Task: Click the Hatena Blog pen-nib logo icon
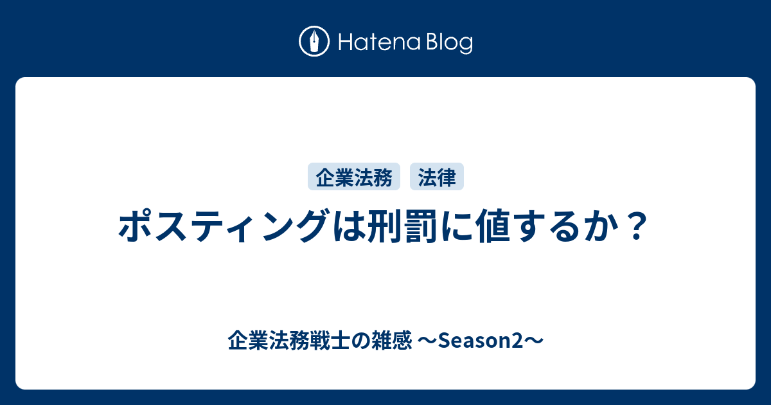(x=314, y=41)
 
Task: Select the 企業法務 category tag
(x=354, y=177)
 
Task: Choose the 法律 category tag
(x=437, y=177)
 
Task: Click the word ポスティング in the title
(x=222, y=226)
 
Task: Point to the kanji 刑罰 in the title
(x=401, y=226)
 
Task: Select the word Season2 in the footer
(x=481, y=341)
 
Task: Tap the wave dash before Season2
(x=427, y=341)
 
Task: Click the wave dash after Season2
(x=534, y=341)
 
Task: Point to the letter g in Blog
(x=465, y=46)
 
